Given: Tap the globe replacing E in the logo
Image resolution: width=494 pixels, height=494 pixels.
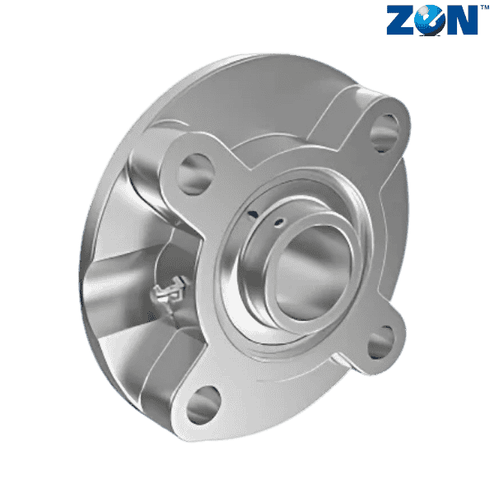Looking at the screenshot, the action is [x=430, y=20].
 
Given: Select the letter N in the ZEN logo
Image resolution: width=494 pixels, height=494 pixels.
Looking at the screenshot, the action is [x=462, y=20].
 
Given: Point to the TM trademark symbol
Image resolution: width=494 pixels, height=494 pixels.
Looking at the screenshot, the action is [x=485, y=7].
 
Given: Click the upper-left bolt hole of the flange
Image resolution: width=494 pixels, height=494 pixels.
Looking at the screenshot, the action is [x=195, y=175].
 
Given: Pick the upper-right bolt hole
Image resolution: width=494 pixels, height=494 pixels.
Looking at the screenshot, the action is [x=384, y=133].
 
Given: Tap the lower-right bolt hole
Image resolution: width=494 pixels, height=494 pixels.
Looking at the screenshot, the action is [x=381, y=343].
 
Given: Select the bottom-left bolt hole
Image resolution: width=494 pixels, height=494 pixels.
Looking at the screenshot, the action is [x=203, y=405].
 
